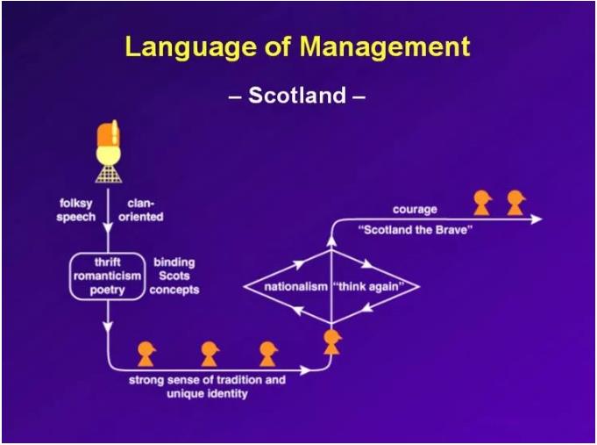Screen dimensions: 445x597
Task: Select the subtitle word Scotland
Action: coord(296,96)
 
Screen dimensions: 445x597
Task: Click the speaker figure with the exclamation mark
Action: coord(108,153)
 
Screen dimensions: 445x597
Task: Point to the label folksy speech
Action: coord(76,211)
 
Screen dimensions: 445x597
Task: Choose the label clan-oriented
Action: coord(139,211)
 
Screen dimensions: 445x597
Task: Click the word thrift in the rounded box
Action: coord(108,262)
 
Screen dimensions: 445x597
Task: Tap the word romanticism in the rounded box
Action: coord(108,276)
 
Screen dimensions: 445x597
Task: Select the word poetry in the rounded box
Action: coord(108,290)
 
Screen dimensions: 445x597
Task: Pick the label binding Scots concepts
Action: coord(174,276)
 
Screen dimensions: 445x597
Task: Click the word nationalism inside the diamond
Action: coord(295,286)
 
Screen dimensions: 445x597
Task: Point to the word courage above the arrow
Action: coord(414,210)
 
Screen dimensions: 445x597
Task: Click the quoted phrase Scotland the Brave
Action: coord(416,230)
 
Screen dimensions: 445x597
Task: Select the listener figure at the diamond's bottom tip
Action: coord(331,341)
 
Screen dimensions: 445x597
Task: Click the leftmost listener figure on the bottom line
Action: coord(146,353)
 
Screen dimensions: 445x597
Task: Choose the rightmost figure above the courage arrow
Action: coord(515,203)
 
